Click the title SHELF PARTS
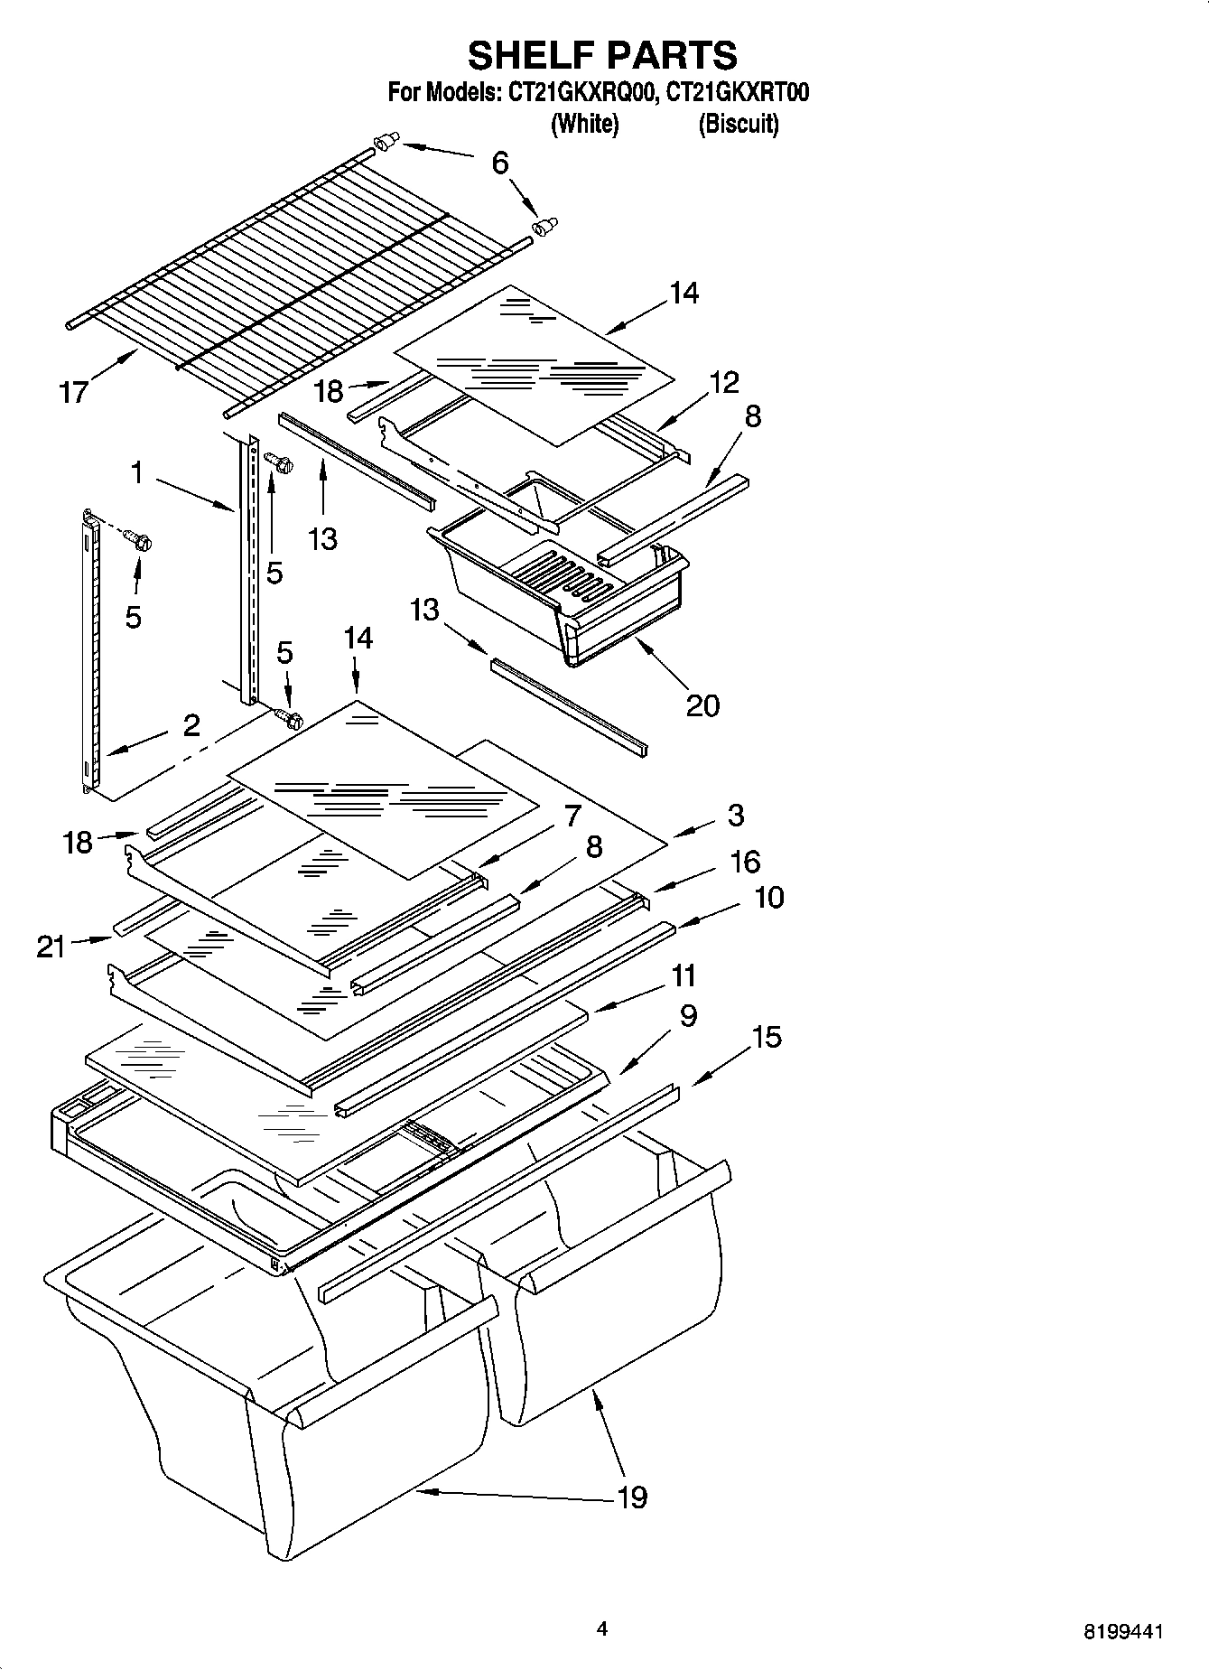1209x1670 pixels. click(x=602, y=56)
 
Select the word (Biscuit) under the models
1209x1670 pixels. click(x=738, y=124)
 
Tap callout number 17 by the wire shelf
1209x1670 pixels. click(x=74, y=392)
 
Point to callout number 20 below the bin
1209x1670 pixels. click(x=702, y=704)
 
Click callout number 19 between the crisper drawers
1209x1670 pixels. click(x=632, y=1497)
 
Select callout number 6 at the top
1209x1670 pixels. click(x=500, y=163)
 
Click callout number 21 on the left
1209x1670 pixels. click(x=51, y=947)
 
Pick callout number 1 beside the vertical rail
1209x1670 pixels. click(x=136, y=471)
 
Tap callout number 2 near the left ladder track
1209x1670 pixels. click(x=191, y=725)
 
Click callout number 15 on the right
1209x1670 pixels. click(x=767, y=1037)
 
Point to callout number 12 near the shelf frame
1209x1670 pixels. click(x=724, y=382)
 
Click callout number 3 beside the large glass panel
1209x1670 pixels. click(x=735, y=815)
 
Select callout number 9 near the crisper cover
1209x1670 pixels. click(x=688, y=1016)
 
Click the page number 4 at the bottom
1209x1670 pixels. click(x=602, y=1628)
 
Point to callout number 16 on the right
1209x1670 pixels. click(x=744, y=862)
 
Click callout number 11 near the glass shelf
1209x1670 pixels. click(x=683, y=975)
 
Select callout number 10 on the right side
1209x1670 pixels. click(x=768, y=898)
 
